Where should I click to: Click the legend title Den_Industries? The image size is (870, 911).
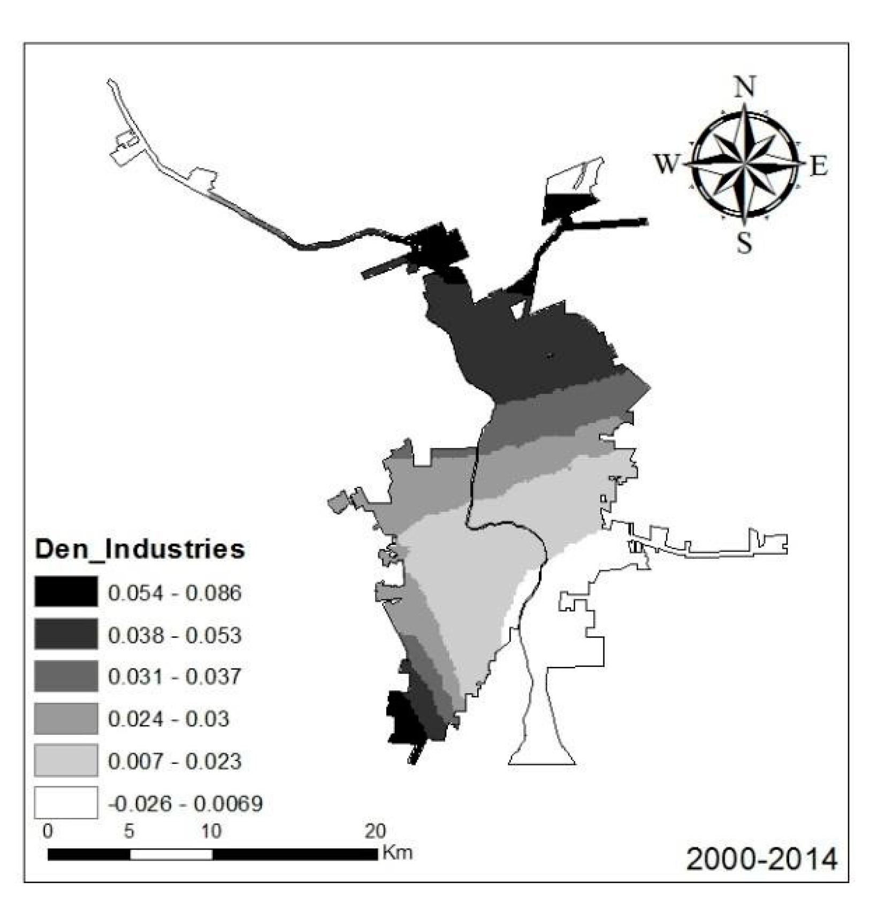coord(140,549)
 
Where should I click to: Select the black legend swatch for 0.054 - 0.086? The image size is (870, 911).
coord(66,591)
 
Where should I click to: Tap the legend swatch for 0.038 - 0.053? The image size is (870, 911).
coord(66,634)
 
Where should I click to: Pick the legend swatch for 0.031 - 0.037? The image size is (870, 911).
coord(66,676)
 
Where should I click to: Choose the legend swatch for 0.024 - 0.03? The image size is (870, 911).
coord(66,718)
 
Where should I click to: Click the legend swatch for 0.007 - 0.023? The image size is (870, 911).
coord(66,760)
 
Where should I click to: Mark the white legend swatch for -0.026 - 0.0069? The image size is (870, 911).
coord(66,802)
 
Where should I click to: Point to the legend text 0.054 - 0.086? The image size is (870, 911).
coord(174,593)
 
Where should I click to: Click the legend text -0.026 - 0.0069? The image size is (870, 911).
coord(185,803)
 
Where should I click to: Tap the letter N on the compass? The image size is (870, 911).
coord(745,87)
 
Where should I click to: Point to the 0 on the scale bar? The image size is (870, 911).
coord(48,831)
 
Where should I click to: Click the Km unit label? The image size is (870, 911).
coord(397,852)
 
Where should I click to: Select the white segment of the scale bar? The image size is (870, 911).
coord(171,854)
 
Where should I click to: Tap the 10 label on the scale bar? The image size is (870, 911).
coord(211,831)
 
